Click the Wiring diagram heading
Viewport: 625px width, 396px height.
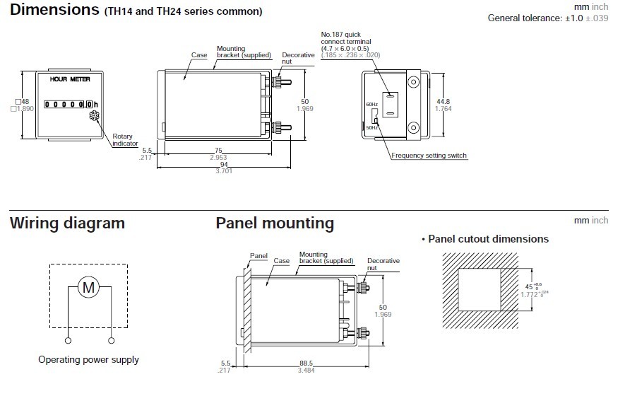67,223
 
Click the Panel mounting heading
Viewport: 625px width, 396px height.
275,223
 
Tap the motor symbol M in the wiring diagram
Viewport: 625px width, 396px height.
89,289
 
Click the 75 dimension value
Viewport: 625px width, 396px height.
218,150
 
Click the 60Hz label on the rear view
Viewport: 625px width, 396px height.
372,105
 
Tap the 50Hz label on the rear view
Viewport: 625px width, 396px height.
372,129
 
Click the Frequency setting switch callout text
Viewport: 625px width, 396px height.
429,156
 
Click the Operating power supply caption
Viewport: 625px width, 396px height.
88,359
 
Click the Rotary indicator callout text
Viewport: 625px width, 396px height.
125,140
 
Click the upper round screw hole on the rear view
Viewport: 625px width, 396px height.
413,82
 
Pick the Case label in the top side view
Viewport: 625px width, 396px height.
198,54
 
